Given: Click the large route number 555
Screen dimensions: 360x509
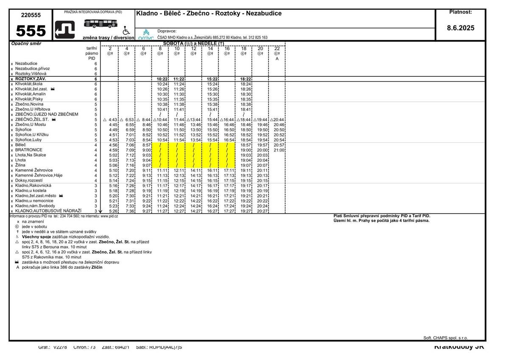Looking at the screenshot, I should (x=31, y=31).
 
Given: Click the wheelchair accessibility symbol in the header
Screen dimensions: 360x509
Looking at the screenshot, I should (x=126, y=31).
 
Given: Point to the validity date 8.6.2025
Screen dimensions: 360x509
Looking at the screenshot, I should (x=461, y=28).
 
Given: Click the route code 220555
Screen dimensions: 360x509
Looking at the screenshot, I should (x=31, y=15).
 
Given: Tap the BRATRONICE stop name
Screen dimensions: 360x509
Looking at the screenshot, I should (x=29, y=150).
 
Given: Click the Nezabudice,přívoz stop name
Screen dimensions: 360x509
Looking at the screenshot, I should (x=33, y=69).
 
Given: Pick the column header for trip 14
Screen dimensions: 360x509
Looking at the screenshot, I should (x=210, y=49).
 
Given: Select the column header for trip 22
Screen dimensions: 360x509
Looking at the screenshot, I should (x=277, y=49).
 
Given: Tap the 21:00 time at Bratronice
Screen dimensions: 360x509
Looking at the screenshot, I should (x=279, y=150).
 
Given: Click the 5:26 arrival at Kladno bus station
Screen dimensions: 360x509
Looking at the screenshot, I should (x=113, y=211).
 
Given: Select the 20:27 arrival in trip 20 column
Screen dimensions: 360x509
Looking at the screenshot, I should (x=263, y=211).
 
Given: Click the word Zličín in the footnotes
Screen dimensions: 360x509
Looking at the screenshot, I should (x=97, y=267).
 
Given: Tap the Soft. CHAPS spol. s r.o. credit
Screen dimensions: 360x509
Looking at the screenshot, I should (x=445, y=338).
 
